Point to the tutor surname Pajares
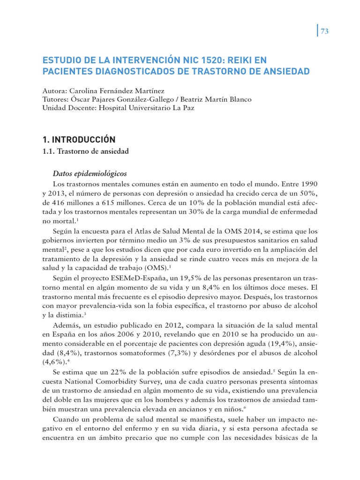point(113,99)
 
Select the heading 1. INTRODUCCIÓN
point(79,140)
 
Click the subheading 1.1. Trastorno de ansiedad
point(86,151)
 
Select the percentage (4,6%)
point(55,362)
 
